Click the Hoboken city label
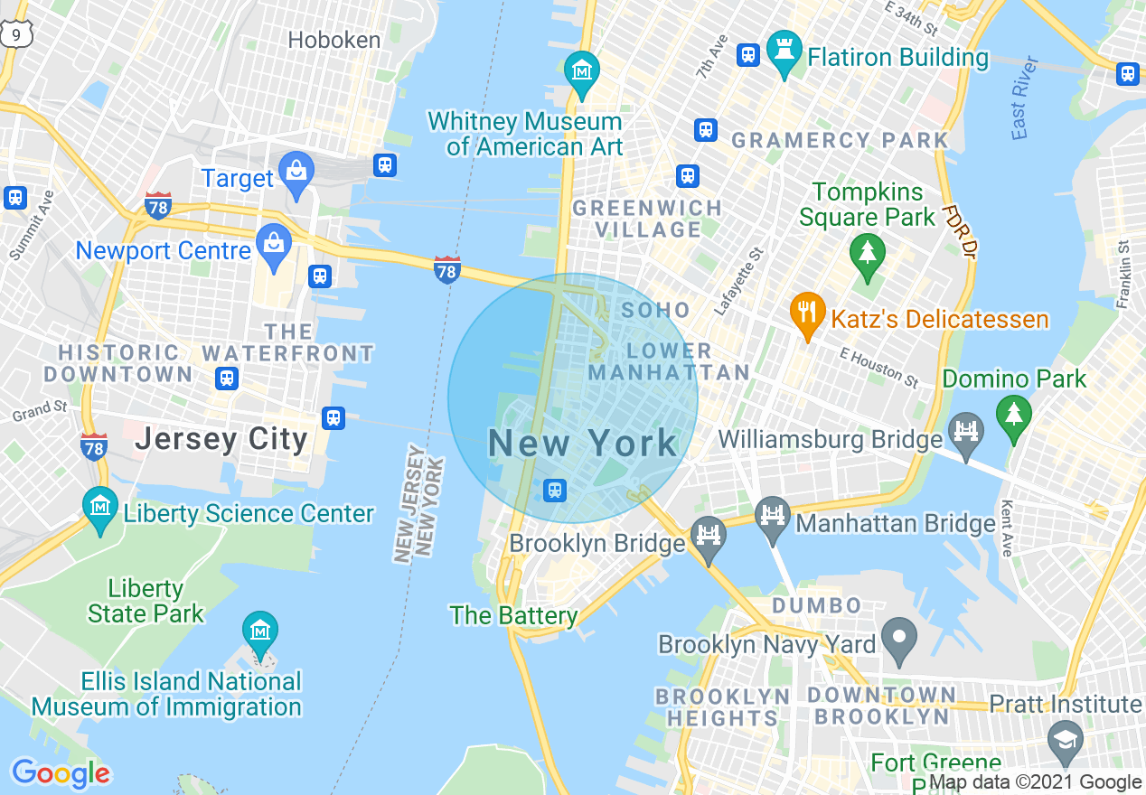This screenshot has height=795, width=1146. (333, 40)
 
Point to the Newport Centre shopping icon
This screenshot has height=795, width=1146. (272, 248)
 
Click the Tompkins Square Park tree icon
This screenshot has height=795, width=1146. (868, 255)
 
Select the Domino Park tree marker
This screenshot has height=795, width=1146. (1013, 416)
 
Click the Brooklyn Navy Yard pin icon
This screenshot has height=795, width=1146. (898, 639)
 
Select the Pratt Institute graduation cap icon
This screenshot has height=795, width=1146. (1066, 740)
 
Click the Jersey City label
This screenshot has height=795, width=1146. (221, 440)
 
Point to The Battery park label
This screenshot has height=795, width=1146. (513, 616)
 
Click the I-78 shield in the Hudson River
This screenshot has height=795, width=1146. (446, 269)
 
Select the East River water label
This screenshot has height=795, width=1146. (1023, 109)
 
